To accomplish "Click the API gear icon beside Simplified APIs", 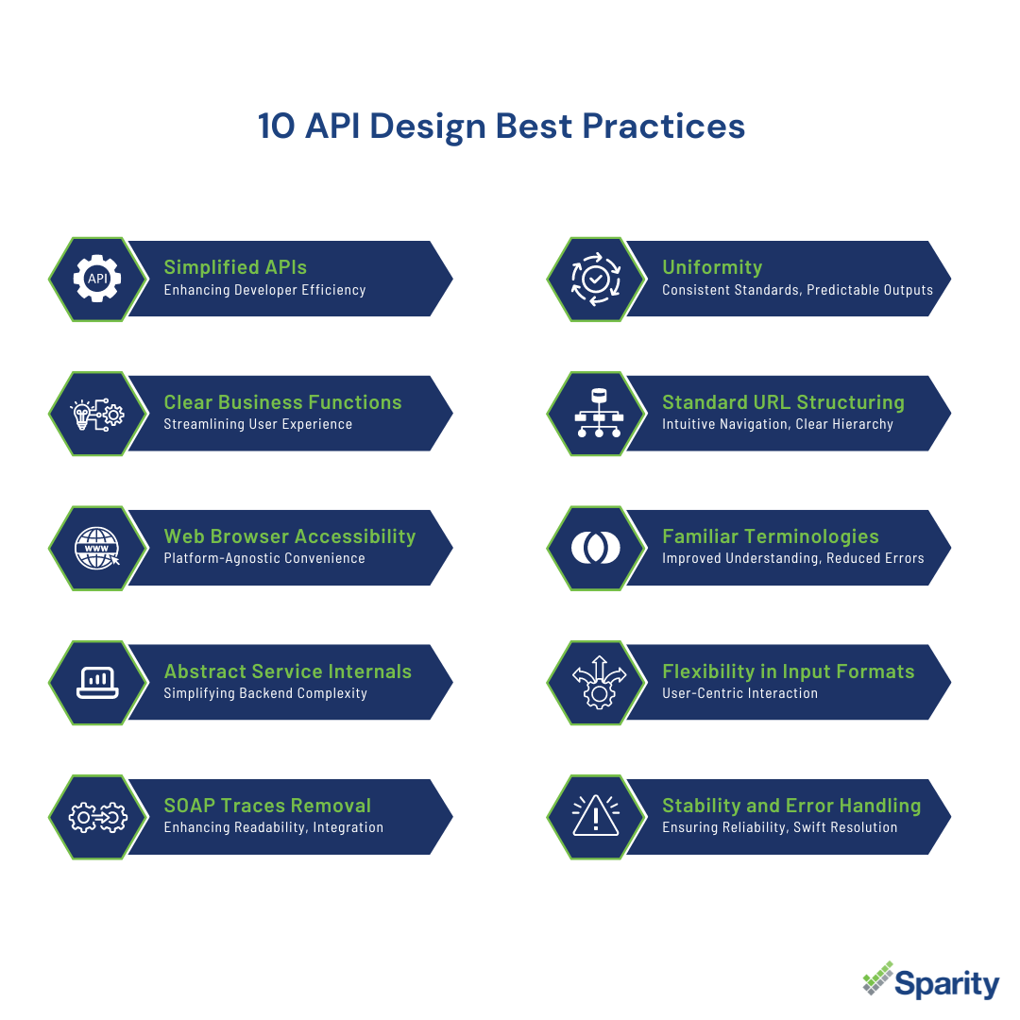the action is (x=97, y=279).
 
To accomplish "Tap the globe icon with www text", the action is (x=97, y=548).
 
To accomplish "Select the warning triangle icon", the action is (x=595, y=815).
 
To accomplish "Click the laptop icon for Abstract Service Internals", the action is (x=97, y=683).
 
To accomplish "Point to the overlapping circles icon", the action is (x=595, y=548).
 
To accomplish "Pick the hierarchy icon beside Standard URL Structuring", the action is (x=599, y=413).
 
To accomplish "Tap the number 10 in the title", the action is (x=277, y=127).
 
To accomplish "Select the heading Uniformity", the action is (x=712, y=267).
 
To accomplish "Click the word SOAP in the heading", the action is (x=189, y=806).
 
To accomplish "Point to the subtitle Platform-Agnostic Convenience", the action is (x=264, y=558).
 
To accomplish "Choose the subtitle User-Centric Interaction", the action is (x=739, y=693).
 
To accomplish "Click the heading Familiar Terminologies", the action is (x=771, y=536).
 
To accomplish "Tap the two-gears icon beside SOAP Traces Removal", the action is (x=97, y=817).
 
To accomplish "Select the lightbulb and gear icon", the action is (x=97, y=415).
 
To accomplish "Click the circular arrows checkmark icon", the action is (x=595, y=279).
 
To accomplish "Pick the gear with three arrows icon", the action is (x=599, y=683).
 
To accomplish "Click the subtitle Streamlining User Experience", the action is (x=258, y=424).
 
